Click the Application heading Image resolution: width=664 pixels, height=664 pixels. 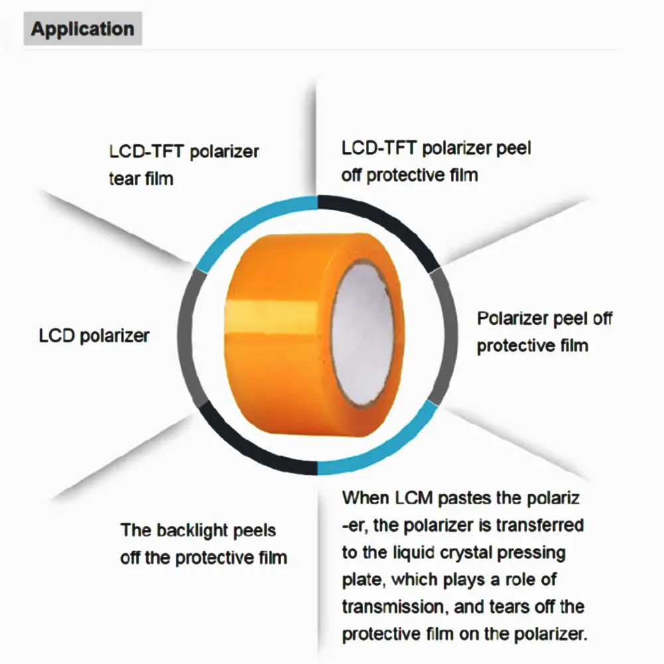[82, 29]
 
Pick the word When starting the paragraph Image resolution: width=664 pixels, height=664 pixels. [365, 497]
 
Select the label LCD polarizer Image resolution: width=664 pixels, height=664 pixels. [94, 335]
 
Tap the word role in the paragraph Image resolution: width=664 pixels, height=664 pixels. [514, 579]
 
